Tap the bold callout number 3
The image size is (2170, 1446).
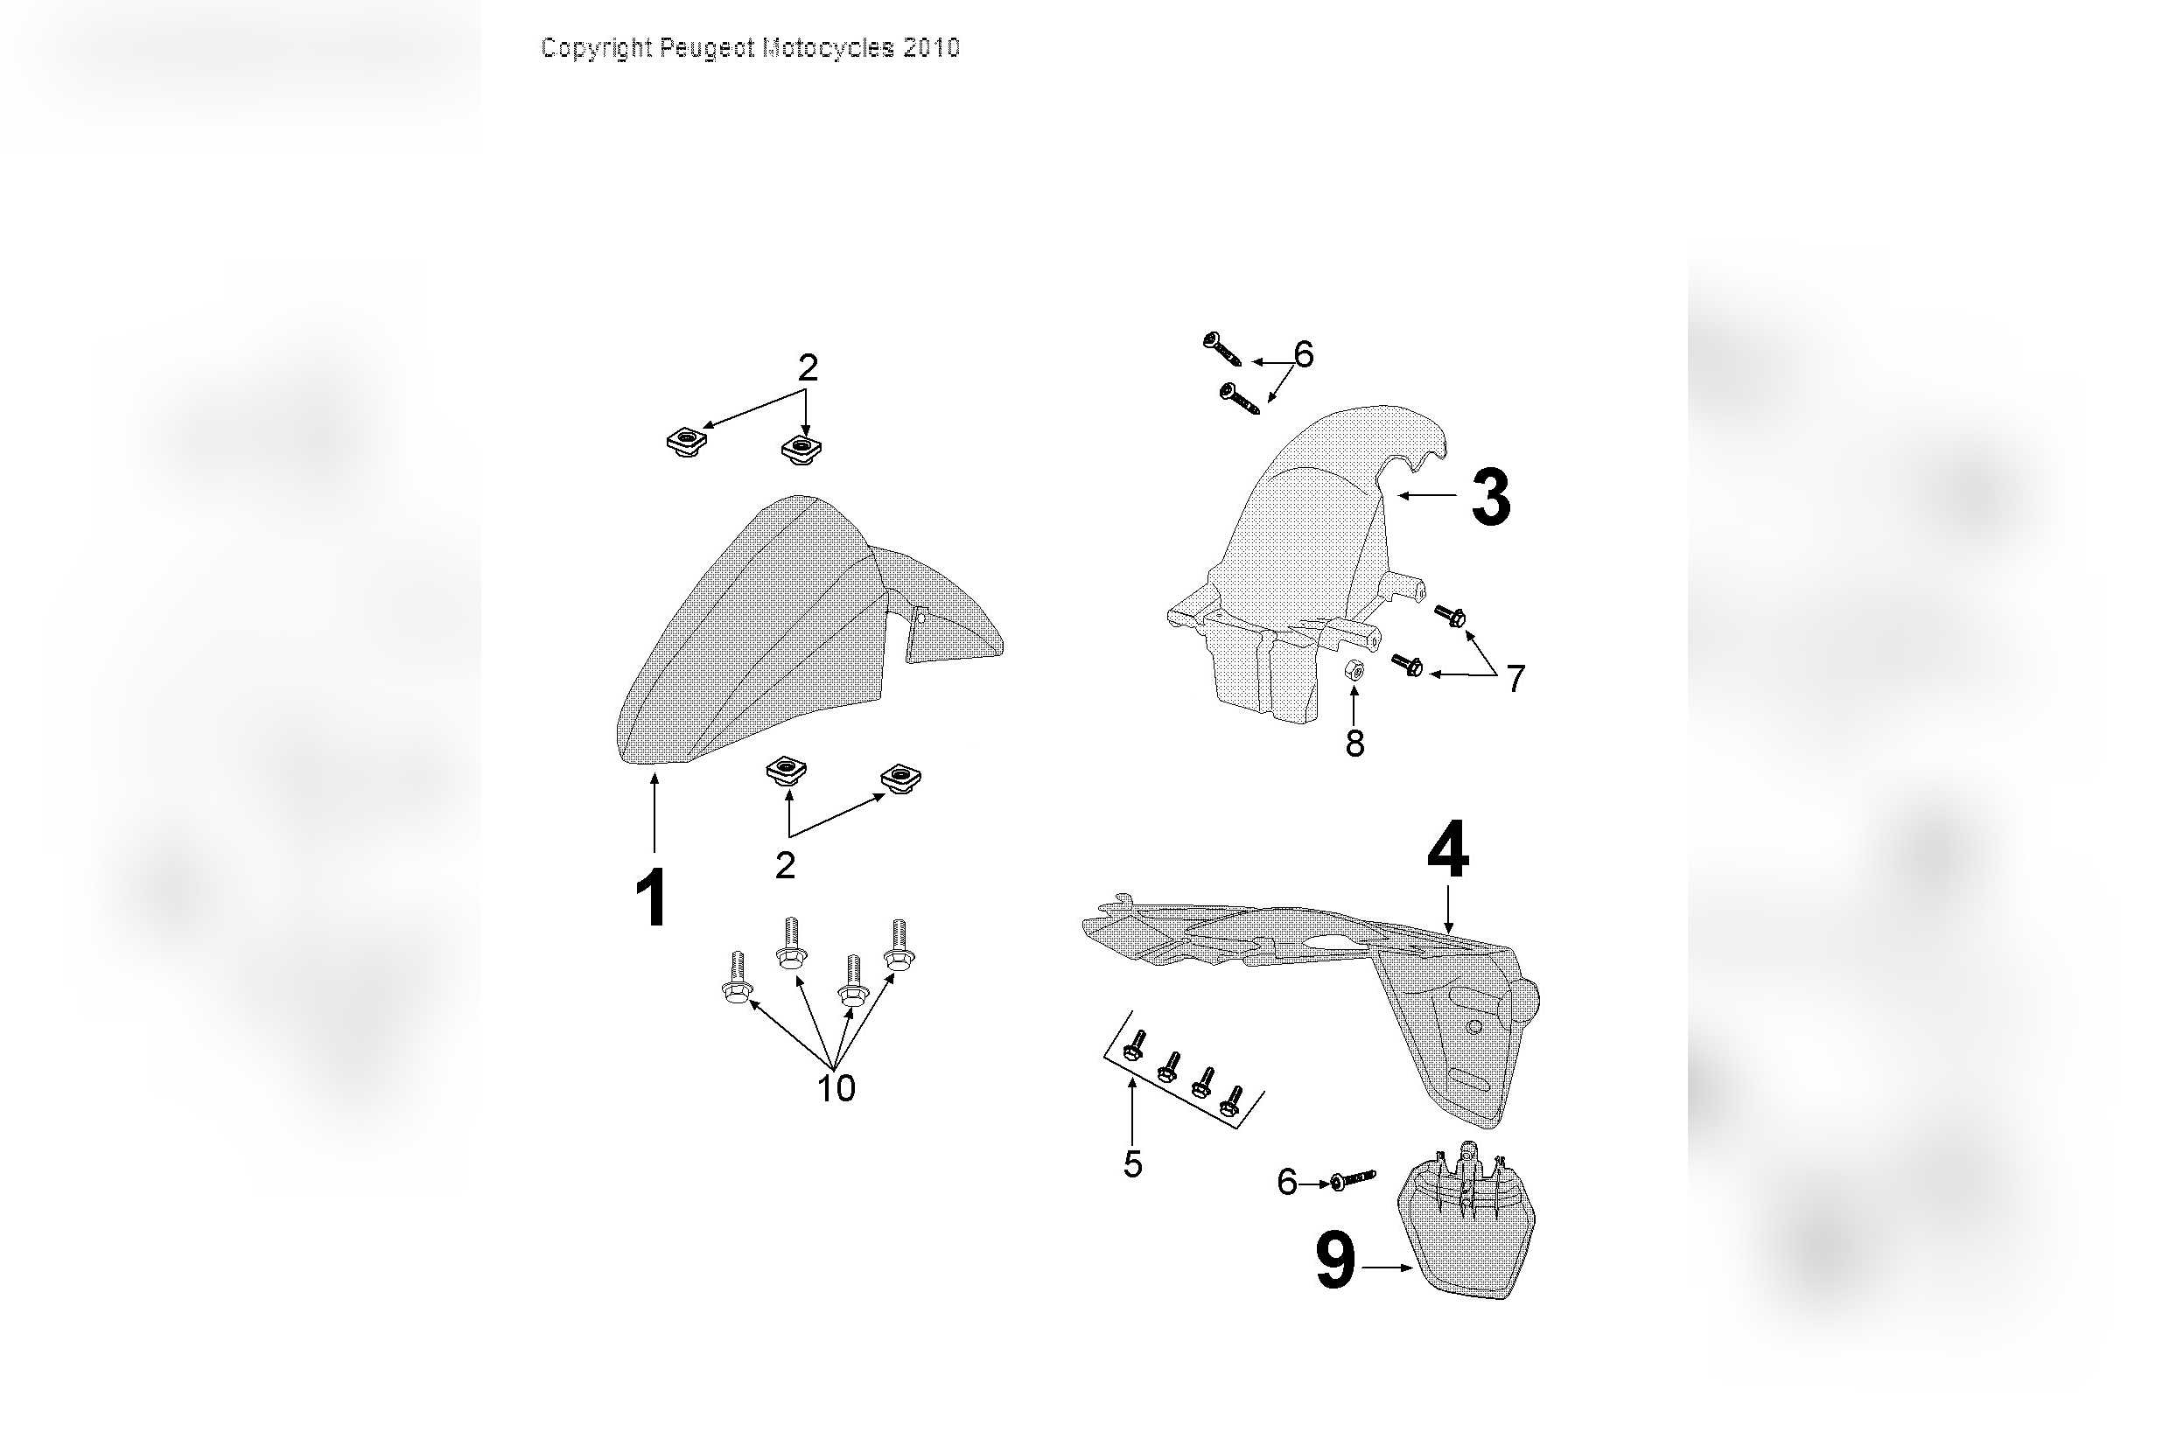click(x=1490, y=498)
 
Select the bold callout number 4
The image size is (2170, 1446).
click(x=1447, y=850)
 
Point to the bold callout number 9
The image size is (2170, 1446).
click(x=1334, y=1262)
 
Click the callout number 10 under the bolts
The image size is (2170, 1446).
click(x=836, y=1089)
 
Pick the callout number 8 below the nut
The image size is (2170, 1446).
click(x=1354, y=744)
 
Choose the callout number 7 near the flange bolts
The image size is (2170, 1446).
click(x=1516, y=679)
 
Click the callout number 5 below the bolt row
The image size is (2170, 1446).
click(x=1132, y=1164)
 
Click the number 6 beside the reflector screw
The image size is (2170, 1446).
click(x=1286, y=1182)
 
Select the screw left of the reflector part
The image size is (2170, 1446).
click(x=1352, y=1179)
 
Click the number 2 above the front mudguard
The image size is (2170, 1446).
click(x=807, y=369)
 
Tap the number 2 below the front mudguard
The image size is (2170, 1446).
click(x=785, y=866)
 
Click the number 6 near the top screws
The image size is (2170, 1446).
click(x=1302, y=354)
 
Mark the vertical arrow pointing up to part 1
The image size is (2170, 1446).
click(x=654, y=812)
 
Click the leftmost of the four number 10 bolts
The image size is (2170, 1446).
click(x=735, y=981)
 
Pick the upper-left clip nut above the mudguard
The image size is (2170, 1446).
click(x=686, y=443)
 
